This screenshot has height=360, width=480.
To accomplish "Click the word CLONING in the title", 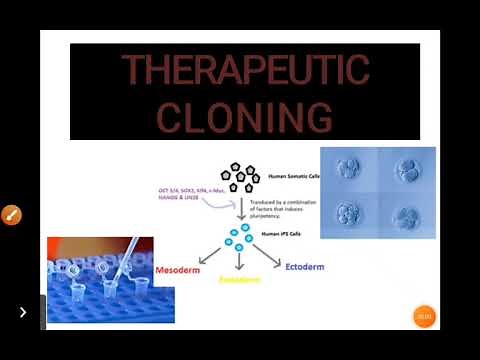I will (245, 117).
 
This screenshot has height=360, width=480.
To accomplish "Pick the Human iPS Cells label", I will (277, 234).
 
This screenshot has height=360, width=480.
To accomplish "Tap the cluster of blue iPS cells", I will (238, 236).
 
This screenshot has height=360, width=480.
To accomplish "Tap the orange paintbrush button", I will (11, 215).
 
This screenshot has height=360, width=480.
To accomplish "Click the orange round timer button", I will (423, 316).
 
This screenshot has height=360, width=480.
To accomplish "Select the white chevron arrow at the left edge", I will (22, 312).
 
